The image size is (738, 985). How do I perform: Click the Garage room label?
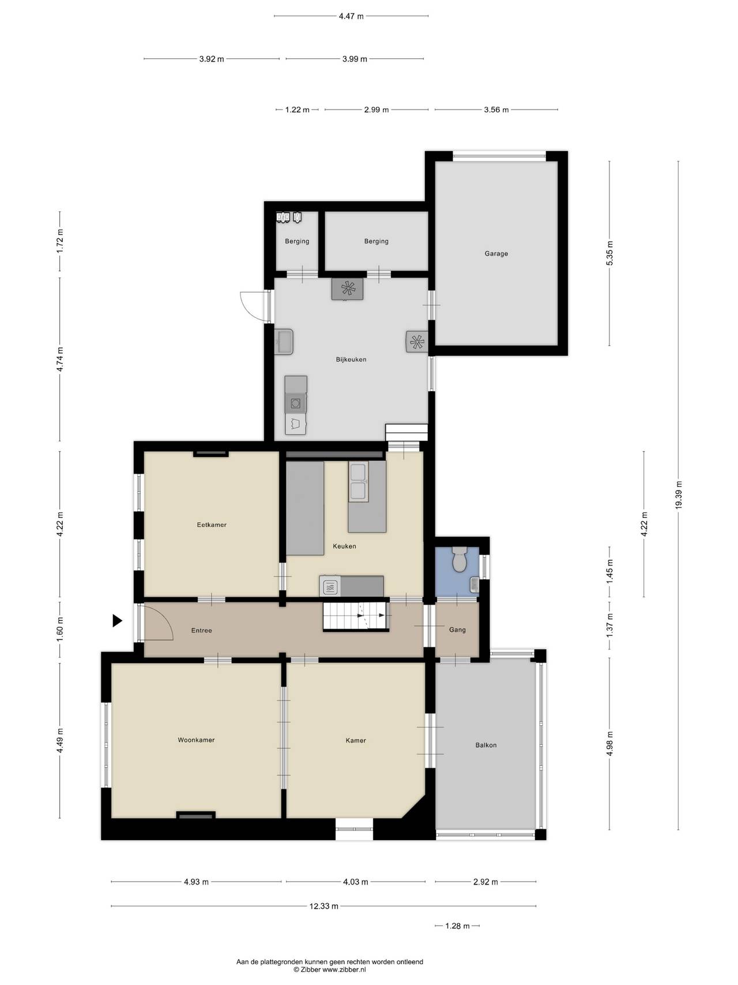point(496,253)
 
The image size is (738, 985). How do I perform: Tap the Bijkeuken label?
point(351,359)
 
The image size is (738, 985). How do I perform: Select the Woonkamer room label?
point(196,740)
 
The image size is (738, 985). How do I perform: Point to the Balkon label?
point(486,745)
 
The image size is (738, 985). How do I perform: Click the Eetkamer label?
point(212,525)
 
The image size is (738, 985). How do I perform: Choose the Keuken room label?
point(344,546)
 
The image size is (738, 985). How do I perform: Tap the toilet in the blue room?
point(460,559)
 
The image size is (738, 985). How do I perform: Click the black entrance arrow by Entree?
point(118,621)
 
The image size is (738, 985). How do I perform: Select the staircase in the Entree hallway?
point(357,616)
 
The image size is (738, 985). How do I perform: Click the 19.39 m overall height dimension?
point(679,495)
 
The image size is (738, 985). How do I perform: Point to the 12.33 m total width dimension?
point(323,906)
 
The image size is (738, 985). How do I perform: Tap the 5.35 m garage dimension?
point(610,253)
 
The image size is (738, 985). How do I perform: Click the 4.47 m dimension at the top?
point(351,16)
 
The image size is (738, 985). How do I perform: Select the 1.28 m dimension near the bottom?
point(457,926)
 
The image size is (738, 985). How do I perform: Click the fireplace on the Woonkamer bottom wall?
point(195,815)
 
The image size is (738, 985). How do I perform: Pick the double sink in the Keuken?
point(358,481)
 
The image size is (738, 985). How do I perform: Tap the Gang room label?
point(457,630)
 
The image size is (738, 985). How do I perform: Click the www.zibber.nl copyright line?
point(329,970)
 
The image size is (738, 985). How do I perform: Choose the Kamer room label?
point(356,740)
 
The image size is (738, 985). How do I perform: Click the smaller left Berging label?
point(297,241)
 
